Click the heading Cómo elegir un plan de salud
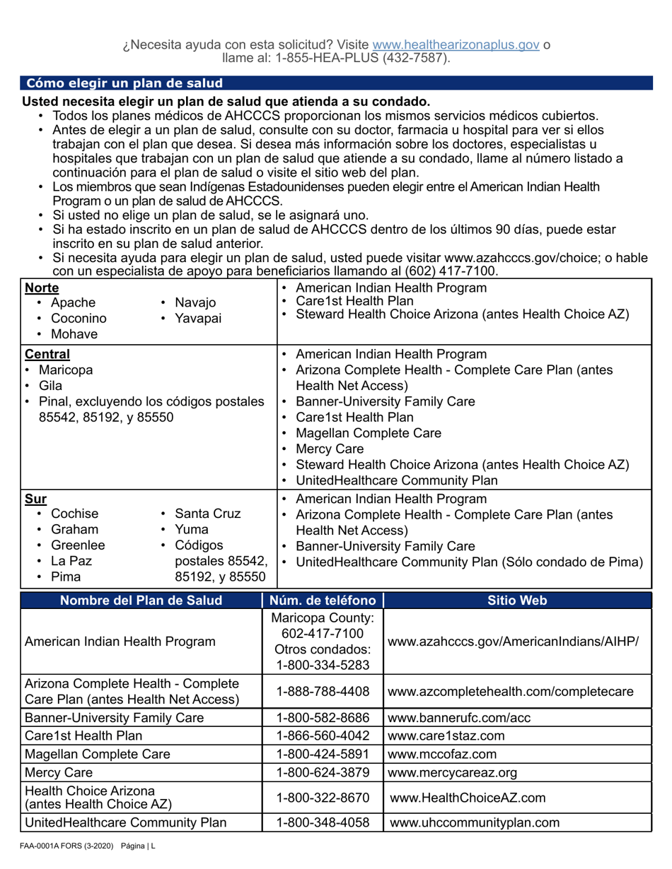[x=124, y=83]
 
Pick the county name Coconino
[x=79, y=318]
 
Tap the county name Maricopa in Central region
[x=65, y=370]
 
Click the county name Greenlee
[x=79, y=545]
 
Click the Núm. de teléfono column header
[x=323, y=601]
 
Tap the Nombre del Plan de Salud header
[x=141, y=601]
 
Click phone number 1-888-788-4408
[x=323, y=692]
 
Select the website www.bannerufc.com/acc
[x=460, y=718]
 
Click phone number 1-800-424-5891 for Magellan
[x=323, y=754]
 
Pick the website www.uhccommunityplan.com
[x=475, y=822]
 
